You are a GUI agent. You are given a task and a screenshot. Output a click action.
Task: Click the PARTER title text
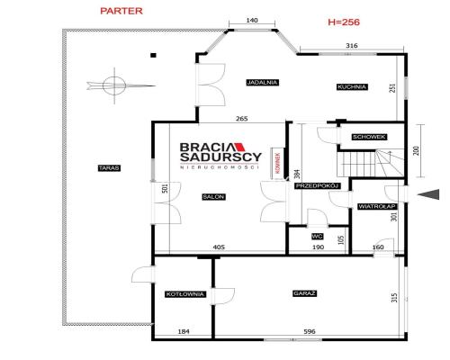click(121, 11)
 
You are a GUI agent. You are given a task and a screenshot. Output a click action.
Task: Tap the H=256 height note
click(344, 22)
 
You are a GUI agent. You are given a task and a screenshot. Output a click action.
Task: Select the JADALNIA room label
click(263, 82)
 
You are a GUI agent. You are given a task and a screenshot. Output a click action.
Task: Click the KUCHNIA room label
click(352, 87)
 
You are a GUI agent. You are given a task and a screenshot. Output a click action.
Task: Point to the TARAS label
click(109, 168)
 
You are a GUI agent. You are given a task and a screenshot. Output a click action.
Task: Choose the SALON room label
click(214, 197)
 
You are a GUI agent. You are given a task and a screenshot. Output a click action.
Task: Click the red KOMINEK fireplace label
click(278, 164)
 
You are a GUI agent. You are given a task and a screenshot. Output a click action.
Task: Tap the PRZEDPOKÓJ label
click(318, 186)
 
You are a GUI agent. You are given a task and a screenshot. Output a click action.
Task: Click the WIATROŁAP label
click(377, 207)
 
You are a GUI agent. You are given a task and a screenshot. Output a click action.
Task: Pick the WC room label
click(317, 237)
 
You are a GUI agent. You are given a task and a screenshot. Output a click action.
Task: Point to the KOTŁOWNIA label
click(185, 294)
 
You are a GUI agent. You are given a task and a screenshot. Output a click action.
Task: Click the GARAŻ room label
click(304, 293)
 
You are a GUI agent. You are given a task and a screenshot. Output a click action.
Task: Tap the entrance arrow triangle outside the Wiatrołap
click(430, 194)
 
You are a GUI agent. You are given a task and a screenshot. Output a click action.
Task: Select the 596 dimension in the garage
click(310, 331)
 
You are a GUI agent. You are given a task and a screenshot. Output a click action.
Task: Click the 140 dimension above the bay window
click(252, 21)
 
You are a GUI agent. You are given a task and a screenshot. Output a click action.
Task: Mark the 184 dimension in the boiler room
click(184, 331)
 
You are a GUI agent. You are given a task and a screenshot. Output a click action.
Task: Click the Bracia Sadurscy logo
click(220, 156)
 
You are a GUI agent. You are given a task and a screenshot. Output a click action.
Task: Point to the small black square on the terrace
click(153, 55)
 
